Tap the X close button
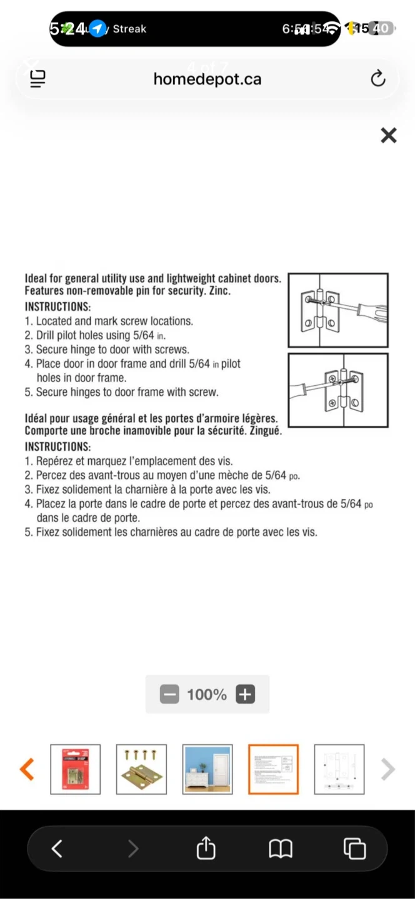pos(389,135)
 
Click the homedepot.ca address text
pos(207,79)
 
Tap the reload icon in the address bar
pos(378,79)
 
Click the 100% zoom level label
pos(207,694)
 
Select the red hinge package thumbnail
pos(76,769)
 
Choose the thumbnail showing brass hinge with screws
pos(141,769)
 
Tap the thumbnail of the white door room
pos(207,769)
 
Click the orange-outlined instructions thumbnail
pos(273,769)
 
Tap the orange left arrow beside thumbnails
pos(27,769)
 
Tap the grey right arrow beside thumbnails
pos(387,769)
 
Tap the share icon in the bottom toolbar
pos(206,848)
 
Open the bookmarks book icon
pos(281,848)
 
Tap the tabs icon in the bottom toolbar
pos(354,848)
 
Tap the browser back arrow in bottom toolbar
pos(57,848)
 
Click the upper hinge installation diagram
pos(338,310)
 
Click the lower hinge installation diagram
pos(338,390)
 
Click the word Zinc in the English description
pos(219,292)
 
